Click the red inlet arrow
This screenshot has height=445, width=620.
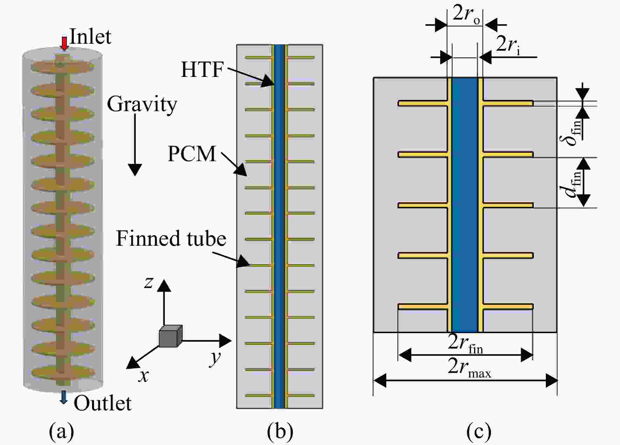tap(64, 43)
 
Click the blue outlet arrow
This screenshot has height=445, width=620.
tap(63, 397)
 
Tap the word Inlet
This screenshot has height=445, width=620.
tap(90, 36)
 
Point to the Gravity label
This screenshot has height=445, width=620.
tap(142, 104)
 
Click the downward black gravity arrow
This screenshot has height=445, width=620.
tap(135, 145)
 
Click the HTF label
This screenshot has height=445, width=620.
tap(202, 69)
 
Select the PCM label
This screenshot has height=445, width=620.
tap(192, 153)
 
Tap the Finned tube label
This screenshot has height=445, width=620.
tap(171, 238)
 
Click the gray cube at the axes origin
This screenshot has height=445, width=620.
tap(170, 336)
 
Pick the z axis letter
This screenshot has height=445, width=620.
tap(149, 282)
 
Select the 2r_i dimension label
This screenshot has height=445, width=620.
tap(508, 45)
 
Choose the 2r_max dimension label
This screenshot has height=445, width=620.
tap(470, 368)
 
